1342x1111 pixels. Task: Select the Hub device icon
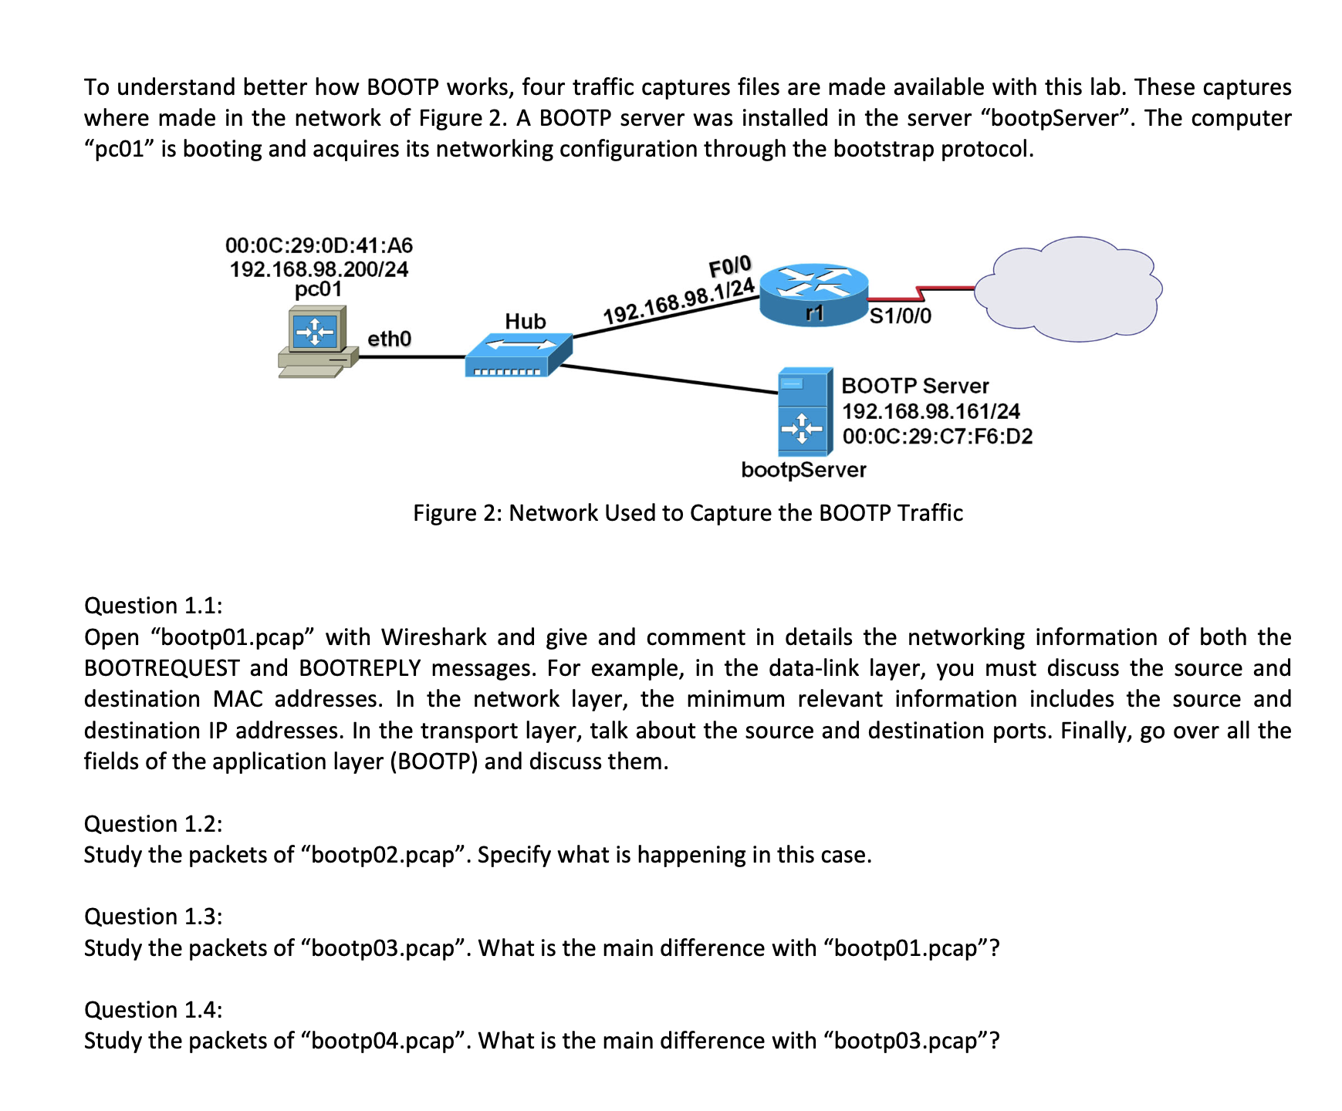519,356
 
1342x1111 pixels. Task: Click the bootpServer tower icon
805,412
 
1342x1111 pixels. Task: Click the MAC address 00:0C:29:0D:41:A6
319,245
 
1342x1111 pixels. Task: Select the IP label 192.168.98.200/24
319,269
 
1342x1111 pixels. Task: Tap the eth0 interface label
389,339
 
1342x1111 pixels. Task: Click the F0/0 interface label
729,267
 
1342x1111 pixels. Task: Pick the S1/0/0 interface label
901,316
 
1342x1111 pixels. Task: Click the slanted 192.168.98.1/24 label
678,302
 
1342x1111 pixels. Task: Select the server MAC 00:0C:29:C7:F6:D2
937,437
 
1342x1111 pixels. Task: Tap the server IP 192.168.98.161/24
931,411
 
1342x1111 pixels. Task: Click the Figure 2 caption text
688,513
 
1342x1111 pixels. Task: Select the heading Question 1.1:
153,606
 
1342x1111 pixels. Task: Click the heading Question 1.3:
153,917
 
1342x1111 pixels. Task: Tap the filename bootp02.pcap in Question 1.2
383,855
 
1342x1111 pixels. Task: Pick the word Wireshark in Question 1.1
434,637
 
